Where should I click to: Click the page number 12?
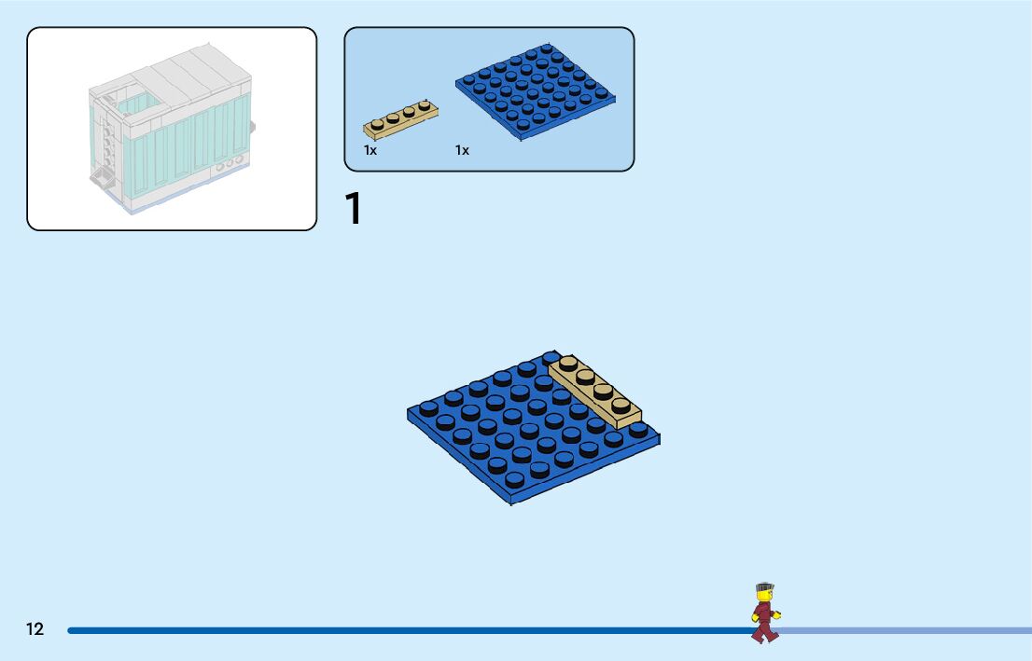(x=35, y=629)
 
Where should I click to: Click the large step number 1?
(x=353, y=209)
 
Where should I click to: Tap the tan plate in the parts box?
(x=401, y=117)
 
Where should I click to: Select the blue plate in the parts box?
(x=537, y=91)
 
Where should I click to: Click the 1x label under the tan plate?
(x=370, y=150)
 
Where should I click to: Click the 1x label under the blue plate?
(x=462, y=150)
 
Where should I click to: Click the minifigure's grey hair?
(x=765, y=587)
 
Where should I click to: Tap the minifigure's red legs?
(x=764, y=631)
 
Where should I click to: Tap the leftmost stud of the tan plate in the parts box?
(x=378, y=124)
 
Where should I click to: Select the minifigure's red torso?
(x=764, y=613)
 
